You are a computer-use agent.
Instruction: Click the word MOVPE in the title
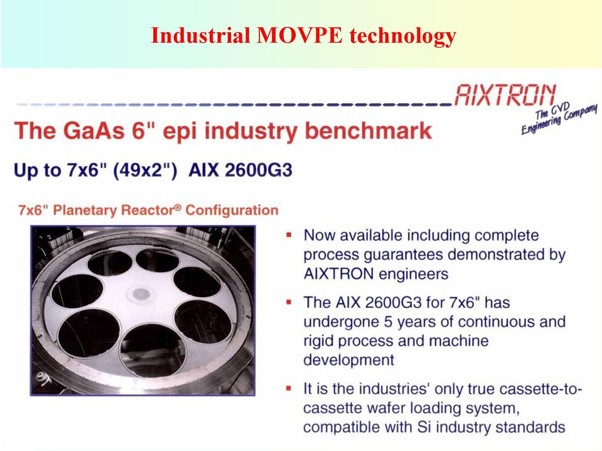(x=299, y=35)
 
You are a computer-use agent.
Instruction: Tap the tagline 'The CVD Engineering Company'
(x=559, y=117)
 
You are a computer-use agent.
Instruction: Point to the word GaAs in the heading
(x=94, y=131)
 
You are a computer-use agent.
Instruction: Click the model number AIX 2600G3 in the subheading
(x=240, y=170)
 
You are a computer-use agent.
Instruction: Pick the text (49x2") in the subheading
(x=145, y=170)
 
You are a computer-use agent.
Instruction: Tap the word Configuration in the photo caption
(x=232, y=210)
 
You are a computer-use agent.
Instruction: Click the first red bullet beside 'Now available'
(x=289, y=234)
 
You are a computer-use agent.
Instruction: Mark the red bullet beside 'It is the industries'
(x=289, y=388)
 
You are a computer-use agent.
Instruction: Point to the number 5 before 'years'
(x=389, y=322)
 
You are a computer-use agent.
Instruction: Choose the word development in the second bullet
(x=348, y=361)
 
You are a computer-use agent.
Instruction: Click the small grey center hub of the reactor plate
(x=141, y=294)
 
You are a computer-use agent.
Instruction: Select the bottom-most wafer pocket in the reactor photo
(x=153, y=350)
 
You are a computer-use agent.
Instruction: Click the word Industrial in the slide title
(x=200, y=35)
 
